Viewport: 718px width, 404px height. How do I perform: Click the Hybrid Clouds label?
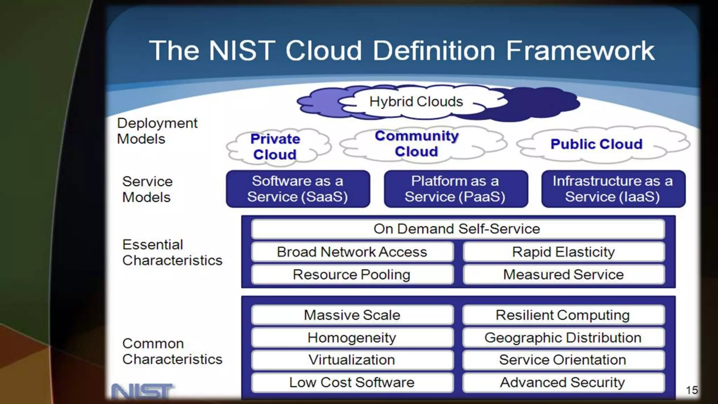pyautogui.click(x=416, y=102)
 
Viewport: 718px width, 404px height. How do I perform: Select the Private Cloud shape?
pyautogui.click(x=276, y=147)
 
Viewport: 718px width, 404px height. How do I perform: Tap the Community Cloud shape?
pyautogui.click(x=417, y=144)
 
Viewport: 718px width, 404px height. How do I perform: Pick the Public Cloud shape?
pyautogui.click(x=596, y=144)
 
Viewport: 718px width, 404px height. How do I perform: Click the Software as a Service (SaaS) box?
pyautogui.click(x=298, y=189)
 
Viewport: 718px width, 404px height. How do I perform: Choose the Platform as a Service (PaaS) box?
pyautogui.click(x=455, y=189)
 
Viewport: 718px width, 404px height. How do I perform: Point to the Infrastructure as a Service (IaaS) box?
pyautogui.click(x=613, y=189)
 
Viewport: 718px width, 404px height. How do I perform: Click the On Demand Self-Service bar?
pyautogui.click(x=457, y=229)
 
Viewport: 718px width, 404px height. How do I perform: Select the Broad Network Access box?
pyautogui.click(x=352, y=252)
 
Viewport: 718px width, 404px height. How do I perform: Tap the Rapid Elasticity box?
pyautogui.click(x=563, y=252)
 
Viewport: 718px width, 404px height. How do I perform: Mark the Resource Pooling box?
pyautogui.click(x=352, y=274)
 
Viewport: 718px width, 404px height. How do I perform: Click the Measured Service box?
pyautogui.click(x=563, y=274)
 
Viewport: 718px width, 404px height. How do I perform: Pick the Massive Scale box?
pyautogui.click(x=352, y=315)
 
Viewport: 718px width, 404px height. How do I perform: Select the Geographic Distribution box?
pyautogui.click(x=563, y=337)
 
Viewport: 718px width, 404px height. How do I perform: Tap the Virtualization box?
pyautogui.click(x=352, y=360)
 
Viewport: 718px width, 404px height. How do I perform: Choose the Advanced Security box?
pyautogui.click(x=563, y=382)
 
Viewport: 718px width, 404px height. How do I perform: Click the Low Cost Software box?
pyautogui.click(x=352, y=382)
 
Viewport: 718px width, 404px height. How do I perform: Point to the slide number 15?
pyautogui.click(x=692, y=390)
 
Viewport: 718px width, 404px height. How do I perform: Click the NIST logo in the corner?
pyautogui.click(x=142, y=392)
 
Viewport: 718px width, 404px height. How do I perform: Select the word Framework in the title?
pyautogui.click(x=580, y=51)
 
